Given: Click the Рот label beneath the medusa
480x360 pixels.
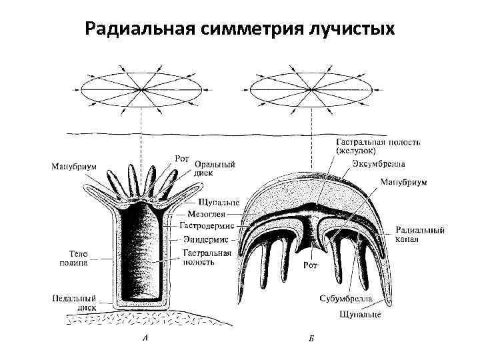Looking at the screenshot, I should (310, 265).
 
